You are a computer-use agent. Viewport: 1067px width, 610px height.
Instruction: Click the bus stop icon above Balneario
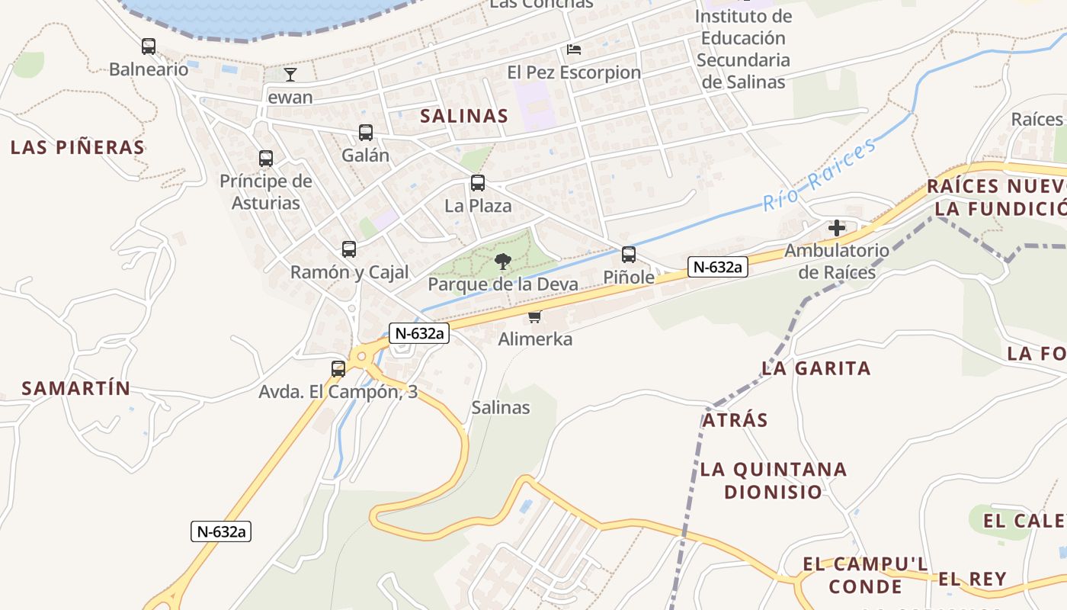[x=149, y=47]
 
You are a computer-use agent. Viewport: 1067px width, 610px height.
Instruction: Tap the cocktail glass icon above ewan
[x=290, y=74]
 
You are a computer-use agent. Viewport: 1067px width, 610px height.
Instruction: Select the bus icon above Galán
[x=366, y=133]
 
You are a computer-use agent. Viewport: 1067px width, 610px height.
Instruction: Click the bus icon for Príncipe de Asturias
[x=266, y=159]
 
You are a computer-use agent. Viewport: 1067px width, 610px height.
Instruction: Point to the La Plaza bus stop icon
[x=478, y=183]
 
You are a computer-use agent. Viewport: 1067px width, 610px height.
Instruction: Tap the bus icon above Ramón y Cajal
[x=349, y=249]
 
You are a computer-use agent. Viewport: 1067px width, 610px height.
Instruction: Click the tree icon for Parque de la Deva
[x=502, y=262]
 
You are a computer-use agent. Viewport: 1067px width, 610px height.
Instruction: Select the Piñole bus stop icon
[x=629, y=255]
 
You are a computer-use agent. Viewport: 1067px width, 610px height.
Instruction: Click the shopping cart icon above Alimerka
[x=535, y=316]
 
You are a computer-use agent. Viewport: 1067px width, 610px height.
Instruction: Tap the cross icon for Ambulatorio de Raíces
[x=837, y=227]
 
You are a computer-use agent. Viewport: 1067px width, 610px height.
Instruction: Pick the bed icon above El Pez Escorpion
[x=574, y=50]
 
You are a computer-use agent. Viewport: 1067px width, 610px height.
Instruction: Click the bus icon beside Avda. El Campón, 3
[x=338, y=369]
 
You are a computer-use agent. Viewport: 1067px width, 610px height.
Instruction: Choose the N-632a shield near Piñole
[x=717, y=267]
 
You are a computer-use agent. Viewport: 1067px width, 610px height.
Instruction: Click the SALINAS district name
[x=464, y=116]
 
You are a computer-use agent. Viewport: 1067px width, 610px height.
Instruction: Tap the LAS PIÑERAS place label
[x=78, y=147]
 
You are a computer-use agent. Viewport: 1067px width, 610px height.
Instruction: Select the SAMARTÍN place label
[x=76, y=388]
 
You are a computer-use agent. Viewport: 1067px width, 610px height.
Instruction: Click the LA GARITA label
[x=816, y=368]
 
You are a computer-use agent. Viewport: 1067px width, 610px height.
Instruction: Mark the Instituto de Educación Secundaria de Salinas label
[x=743, y=49]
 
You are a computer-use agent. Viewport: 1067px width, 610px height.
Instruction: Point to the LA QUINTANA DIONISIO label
[x=774, y=480]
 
